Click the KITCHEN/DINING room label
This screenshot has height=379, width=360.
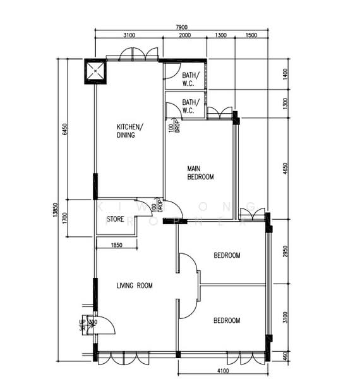(x=130, y=131)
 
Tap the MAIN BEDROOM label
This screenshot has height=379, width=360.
(x=200, y=173)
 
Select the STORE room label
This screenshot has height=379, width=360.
(x=115, y=219)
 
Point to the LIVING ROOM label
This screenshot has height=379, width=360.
(x=135, y=286)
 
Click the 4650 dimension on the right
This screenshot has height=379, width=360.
(x=285, y=169)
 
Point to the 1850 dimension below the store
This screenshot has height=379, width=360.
(x=116, y=244)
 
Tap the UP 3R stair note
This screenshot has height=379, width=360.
(x=82, y=325)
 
